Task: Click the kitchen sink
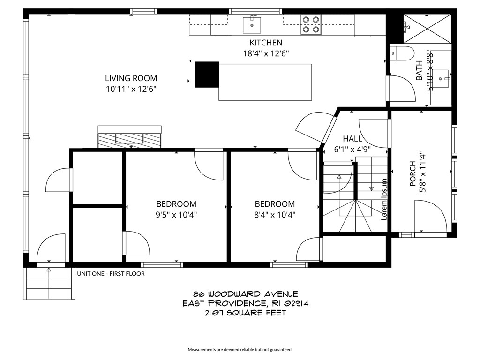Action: (252, 24)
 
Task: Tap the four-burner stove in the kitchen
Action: (311, 24)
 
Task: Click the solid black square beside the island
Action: (207, 75)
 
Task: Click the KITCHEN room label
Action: (266, 43)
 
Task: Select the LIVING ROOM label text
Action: (131, 78)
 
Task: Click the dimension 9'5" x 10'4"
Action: (176, 215)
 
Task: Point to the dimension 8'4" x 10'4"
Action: (275, 215)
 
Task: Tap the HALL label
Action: (352, 139)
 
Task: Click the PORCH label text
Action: (412, 173)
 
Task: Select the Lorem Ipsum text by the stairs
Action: (384, 199)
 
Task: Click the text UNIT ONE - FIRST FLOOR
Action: (111, 274)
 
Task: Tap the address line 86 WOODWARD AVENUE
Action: (241, 294)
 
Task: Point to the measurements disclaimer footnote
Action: (240, 349)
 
